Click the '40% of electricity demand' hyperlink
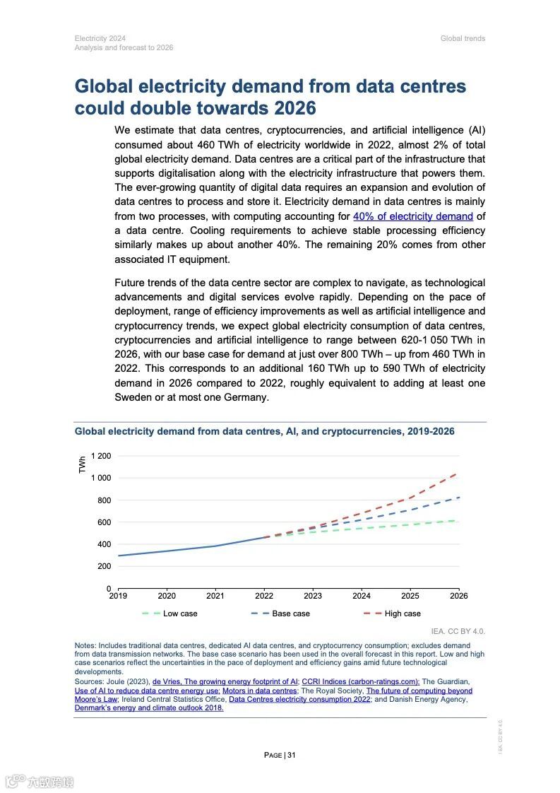click(x=413, y=216)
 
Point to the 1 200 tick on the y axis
click(x=101, y=456)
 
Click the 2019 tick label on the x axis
click(x=118, y=596)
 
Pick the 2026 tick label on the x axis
click(x=458, y=596)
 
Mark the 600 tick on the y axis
click(x=104, y=522)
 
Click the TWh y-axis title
click(x=83, y=464)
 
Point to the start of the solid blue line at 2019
click(x=119, y=556)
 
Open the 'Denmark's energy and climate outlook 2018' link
click(x=149, y=707)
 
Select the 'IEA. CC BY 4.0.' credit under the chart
click(x=458, y=630)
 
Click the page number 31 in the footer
click(x=291, y=755)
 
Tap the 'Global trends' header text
click(x=463, y=38)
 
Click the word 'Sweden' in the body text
click(x=133, y=397)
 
